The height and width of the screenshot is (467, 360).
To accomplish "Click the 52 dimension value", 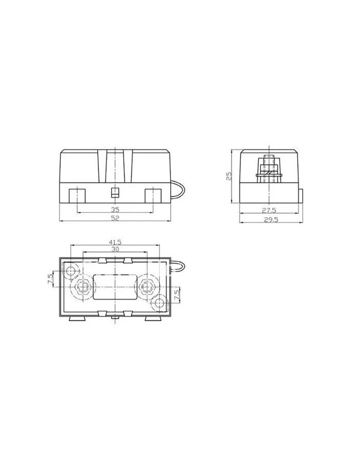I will pos(114,218).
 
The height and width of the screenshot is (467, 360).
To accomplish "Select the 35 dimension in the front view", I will pos(114,209).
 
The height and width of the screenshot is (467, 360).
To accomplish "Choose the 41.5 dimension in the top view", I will pos(115,242).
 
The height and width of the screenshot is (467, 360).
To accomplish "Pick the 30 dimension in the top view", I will pos(115,250).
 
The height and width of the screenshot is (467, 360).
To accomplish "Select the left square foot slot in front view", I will pos(77,195).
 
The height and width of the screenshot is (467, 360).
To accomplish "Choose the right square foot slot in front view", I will pos(153,195).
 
